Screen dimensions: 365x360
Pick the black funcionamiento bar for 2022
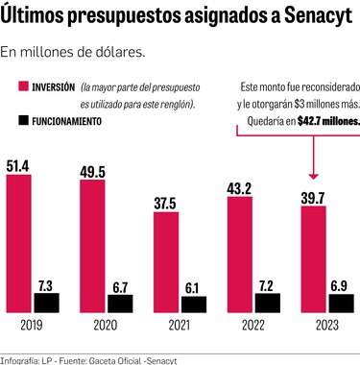(268, 304)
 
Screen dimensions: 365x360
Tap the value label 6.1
(194, 286)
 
